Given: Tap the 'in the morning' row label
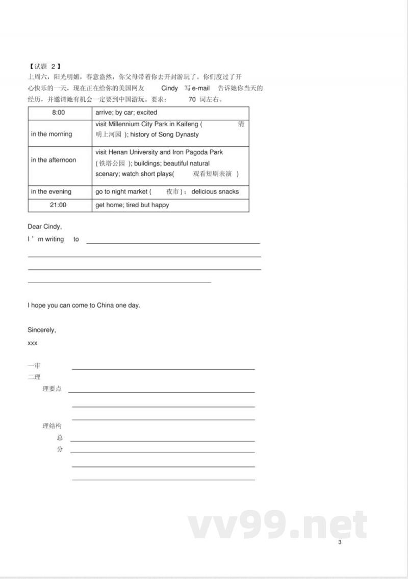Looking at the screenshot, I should tap(52, 134).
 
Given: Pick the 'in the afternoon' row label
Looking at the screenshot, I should tap(53, 160).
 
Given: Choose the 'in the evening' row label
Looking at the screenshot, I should tap(51, 192).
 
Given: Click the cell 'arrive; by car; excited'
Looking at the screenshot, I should tap(126, 113).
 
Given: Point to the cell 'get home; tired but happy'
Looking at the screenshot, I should tap(132, 205).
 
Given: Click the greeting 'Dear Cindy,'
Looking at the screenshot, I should tap(44, 227).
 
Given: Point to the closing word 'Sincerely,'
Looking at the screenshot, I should tap(42, 330).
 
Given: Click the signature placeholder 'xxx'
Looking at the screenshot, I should tap(32, 343).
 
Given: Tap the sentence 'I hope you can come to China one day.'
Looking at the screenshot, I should tap(84, 306).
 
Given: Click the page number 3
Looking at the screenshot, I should tap(340, 542).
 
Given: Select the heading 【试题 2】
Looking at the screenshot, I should tap(45, 66).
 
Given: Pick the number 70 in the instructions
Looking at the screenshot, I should tap(192, 99).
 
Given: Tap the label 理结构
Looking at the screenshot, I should tap(52, 426).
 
